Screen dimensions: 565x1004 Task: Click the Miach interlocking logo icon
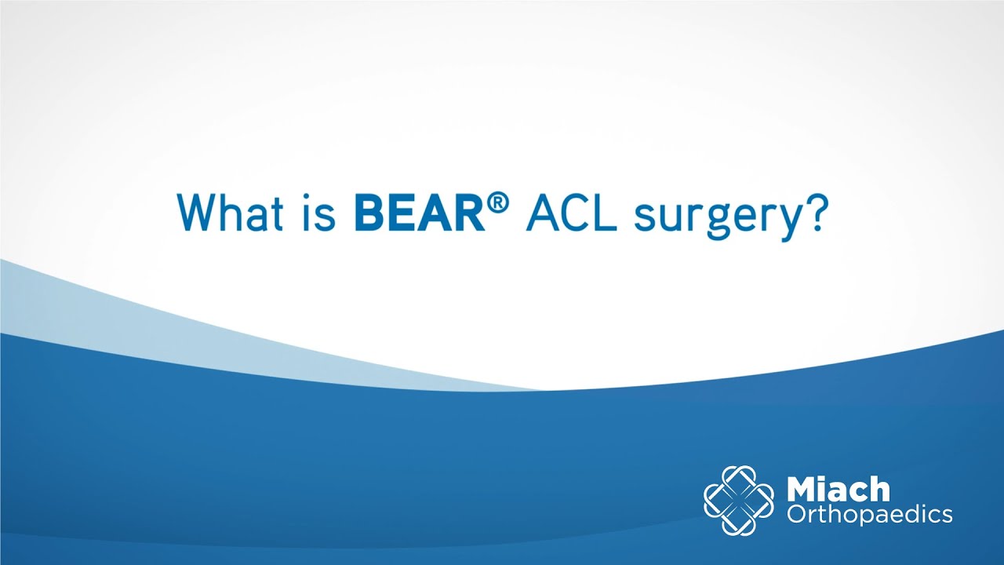738,501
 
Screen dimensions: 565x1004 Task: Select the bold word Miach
838,490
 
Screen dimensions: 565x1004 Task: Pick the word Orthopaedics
869,515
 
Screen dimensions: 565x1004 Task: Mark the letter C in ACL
575,212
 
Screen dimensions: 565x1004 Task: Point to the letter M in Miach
804,490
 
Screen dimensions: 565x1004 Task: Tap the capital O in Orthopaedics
796,515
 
